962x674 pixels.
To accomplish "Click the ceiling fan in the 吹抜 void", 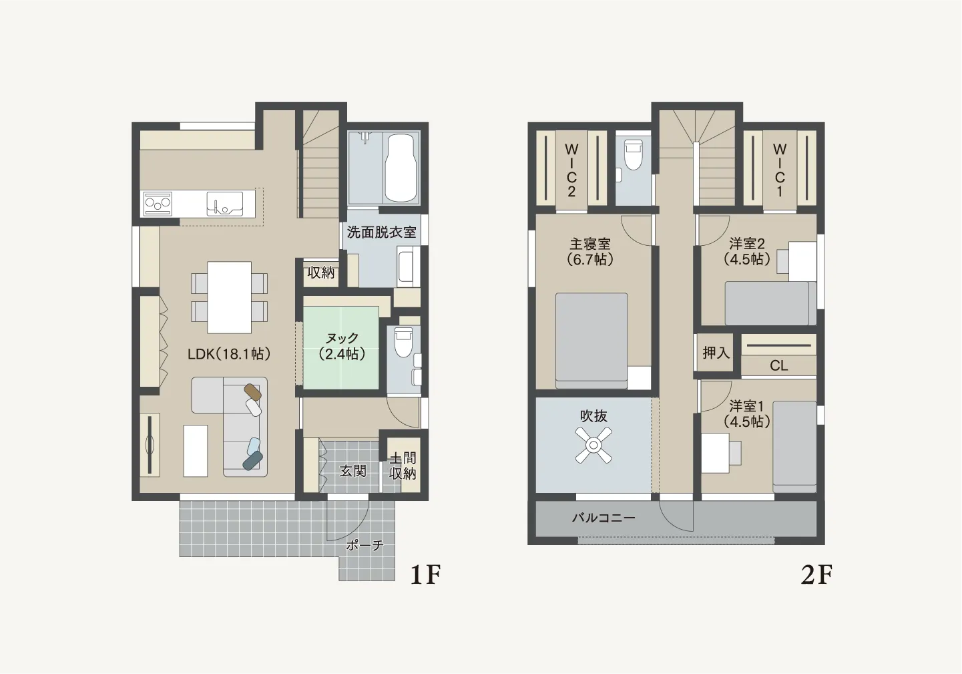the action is coord(593,445).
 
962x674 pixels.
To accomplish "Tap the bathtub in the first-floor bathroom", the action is coord(401,168).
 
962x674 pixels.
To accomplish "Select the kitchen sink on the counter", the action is coord(224,204).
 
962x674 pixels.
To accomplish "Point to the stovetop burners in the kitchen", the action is coord(158,204).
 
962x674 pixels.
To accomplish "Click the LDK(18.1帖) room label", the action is coord(230,354).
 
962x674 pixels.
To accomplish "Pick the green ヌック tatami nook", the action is coord(341,347).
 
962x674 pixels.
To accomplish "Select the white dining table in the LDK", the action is coord(230,297).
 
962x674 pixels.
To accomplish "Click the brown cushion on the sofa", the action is coord(252,392).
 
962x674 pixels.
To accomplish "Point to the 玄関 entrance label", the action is coord(353,471).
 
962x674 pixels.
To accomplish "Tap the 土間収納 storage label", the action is coord(403,466).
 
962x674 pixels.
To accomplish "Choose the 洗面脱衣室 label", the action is coord(381,232).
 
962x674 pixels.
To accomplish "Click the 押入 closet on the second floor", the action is coord(716,353).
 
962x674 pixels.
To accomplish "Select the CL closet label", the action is coord(778,366).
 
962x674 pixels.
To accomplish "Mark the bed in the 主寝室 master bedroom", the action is coord(591,341).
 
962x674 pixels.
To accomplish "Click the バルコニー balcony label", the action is coord(604,518).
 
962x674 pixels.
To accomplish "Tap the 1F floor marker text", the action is coord(426,574).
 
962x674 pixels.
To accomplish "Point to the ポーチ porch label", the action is coord(365,546).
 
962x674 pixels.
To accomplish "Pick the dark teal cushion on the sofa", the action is coord(252,460).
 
